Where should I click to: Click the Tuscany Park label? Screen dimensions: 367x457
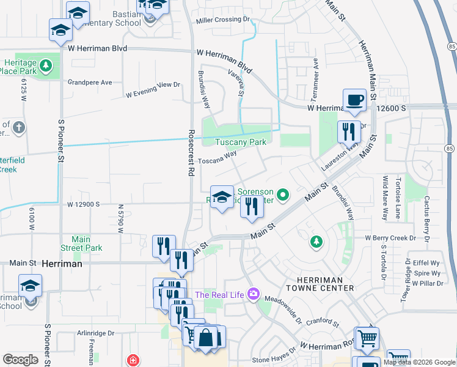tap(241, 142)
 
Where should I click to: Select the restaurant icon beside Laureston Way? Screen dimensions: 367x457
tap(349, 132)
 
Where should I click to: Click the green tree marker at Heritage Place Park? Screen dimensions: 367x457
tap(45, 65)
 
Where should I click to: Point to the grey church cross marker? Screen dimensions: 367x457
tap(19, 127)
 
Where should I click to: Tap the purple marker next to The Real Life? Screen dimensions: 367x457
tap(253, 295)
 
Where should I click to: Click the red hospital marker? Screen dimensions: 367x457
tap(133, 360)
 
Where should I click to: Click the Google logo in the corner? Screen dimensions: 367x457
tap(20, 359)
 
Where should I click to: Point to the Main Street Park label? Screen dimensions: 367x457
tap(81, 243)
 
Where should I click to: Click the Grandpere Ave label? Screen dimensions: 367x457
tap(90, 82)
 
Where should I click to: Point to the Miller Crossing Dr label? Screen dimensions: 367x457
tap(223, 20)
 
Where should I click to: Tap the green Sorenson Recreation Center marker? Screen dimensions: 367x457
tap(283, 195)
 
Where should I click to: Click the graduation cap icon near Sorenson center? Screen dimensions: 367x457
tap(222, 196)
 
